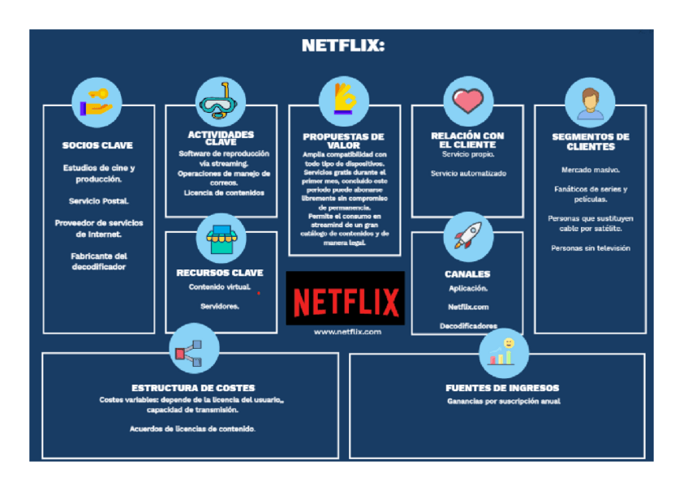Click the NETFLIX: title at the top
[x=343, y=45]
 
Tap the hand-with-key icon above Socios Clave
[x=97, y=101]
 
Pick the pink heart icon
[x=467, y=101]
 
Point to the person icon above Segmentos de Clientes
[x=590, y=101]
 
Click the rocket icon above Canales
[x=467, y=235]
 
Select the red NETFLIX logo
[x=345, y=298]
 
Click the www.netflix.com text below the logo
[x=345, y=332]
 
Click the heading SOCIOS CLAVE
[x=97, y=146]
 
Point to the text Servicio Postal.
[x=98, y=200]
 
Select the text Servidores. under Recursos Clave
[x=220, y=306]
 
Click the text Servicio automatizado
[x=468, y=174]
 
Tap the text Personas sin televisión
[x=590, y=248]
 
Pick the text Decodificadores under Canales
[x=468, y=325]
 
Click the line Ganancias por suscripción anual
[x=503, y=402]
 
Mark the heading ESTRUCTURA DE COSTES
[x=193, y=388]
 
